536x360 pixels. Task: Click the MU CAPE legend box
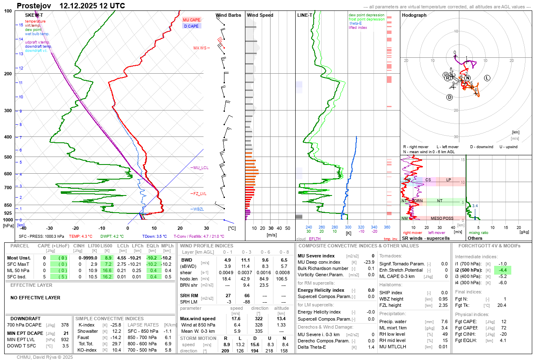pos(192,20)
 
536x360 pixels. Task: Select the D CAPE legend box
pos(192,26)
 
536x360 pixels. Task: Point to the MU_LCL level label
pos(201,168)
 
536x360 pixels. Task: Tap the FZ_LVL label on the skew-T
pos(200,194)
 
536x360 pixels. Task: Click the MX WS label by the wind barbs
pos(200,48)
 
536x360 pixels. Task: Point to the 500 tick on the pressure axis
pos(8,157)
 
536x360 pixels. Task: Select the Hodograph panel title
pos(414,15)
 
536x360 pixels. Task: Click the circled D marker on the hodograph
pos(449,97)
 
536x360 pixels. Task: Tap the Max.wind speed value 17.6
pos(236,319)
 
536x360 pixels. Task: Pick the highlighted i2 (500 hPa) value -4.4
pos(502,270)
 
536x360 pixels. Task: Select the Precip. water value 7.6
pos(444,321)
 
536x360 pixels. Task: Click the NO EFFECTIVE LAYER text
pos(35,298)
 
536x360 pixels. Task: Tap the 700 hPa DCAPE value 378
pos(64,325)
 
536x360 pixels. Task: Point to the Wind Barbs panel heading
pos(228,15)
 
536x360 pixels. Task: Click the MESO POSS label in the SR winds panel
pos(442,218)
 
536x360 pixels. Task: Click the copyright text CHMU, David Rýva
pos(45,357)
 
